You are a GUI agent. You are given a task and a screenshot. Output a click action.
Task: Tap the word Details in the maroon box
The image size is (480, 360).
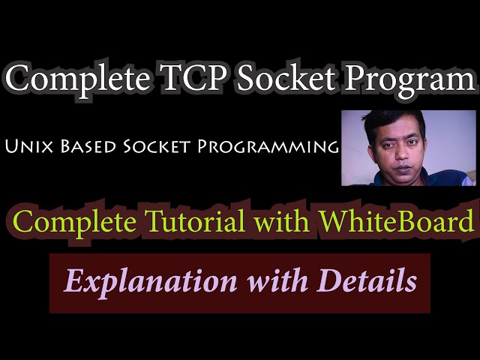[368, 281]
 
